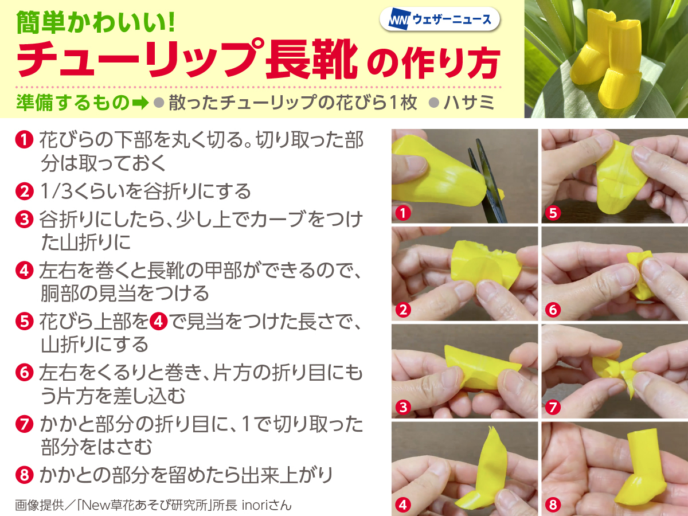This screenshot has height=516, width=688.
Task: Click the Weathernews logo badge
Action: pos(439,19)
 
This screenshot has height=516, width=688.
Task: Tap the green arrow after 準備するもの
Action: pos(140,103)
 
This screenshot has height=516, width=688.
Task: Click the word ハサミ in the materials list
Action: pos(468,103)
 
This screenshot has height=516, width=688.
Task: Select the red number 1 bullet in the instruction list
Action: pos(25,140)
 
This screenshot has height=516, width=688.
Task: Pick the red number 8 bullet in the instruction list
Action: pos(25,475)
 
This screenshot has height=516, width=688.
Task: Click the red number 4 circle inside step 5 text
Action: pos(159,322)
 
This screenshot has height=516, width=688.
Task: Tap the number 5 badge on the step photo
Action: pos(553,213)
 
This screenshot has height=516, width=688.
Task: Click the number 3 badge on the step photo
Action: pos(403,407)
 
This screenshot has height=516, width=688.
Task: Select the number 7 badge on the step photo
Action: pos(553,407)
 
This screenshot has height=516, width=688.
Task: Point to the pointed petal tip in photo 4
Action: pos(491,428)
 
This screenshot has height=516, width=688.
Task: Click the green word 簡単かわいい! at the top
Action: pos(95,22)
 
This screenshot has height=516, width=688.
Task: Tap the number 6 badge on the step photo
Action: pos(553,310)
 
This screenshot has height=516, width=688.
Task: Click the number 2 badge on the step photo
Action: pos(403,310)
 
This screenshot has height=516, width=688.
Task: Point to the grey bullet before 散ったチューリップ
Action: pos(159,103)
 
